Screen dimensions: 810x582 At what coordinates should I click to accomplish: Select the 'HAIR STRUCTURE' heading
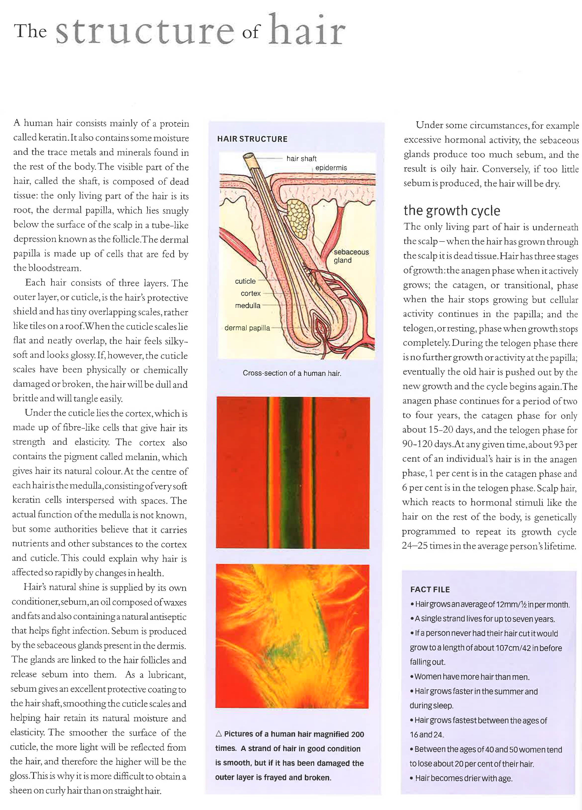[252, 139]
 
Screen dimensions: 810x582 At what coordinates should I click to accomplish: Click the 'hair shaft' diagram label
[301, 159]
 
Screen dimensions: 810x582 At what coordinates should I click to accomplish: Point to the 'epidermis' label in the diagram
[331, 167]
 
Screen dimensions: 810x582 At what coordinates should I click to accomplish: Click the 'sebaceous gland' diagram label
[351, 256]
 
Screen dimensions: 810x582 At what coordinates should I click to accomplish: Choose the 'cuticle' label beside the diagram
[245, 281]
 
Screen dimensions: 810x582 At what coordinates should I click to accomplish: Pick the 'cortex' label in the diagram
[250, 293]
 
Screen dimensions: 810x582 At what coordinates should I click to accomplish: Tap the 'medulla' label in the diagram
[248, 305]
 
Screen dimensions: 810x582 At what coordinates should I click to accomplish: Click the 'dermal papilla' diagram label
[247, 328]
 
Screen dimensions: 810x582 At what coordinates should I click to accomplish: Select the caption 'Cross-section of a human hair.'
[292, 373]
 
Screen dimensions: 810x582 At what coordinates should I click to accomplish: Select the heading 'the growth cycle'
[451, 210]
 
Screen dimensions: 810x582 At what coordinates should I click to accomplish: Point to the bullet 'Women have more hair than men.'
[472, 676]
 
